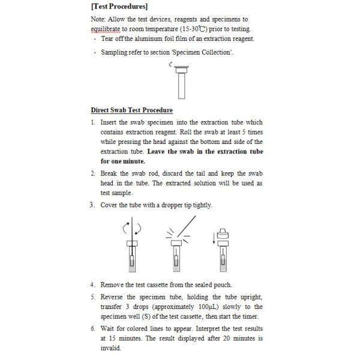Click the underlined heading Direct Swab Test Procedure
(131, 110)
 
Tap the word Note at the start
(98, 19)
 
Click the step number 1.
(93, 122)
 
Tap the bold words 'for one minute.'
(122, 161)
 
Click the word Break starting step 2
(110, 173)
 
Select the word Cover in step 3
(110, 205)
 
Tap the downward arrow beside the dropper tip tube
(213, 239)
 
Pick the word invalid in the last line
(110, 348)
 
